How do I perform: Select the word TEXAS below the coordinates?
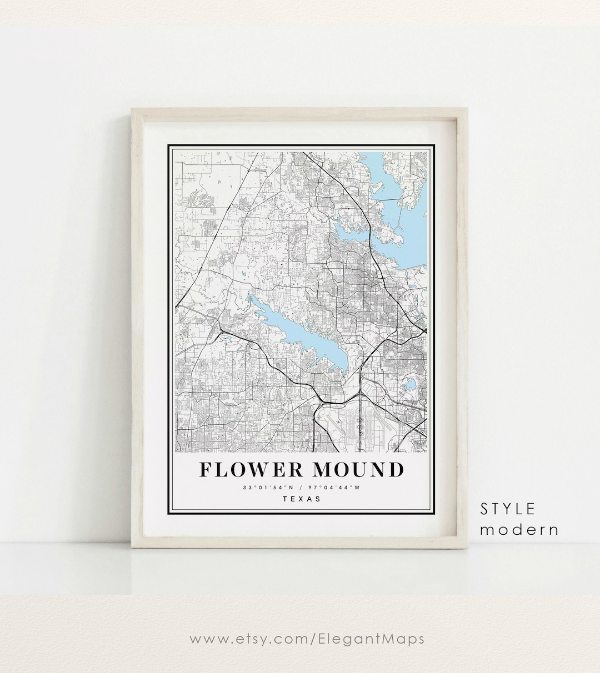click(x=302, y=499)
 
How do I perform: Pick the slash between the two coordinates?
click(x=302, y=488)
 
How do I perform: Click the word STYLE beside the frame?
click(x=508, y=508)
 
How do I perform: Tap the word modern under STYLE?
click(x=519, y=529)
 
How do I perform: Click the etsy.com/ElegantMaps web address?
click(x=307, y=639)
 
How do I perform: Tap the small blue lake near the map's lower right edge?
click(x=409, y=385)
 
